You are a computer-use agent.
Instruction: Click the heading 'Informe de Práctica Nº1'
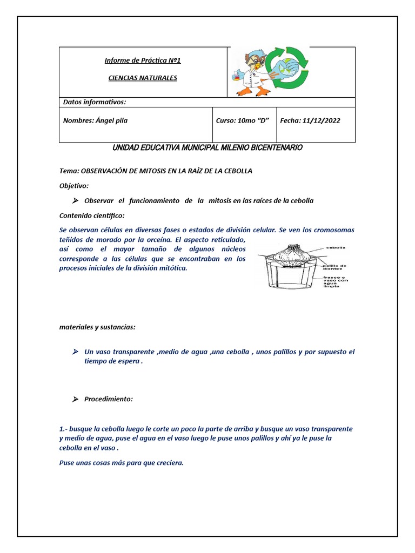tap(143, 60)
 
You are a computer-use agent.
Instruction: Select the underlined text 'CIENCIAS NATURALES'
tap(143, 78)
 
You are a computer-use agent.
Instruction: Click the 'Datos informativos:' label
tap(95, 102)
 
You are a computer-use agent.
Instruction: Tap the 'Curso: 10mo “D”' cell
tap(243, 120)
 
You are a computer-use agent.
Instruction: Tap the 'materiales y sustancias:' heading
tap(97, 327)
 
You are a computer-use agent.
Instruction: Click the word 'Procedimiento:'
tap(108, 399)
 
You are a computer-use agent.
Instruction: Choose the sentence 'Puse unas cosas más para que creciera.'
tap(122, 462)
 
